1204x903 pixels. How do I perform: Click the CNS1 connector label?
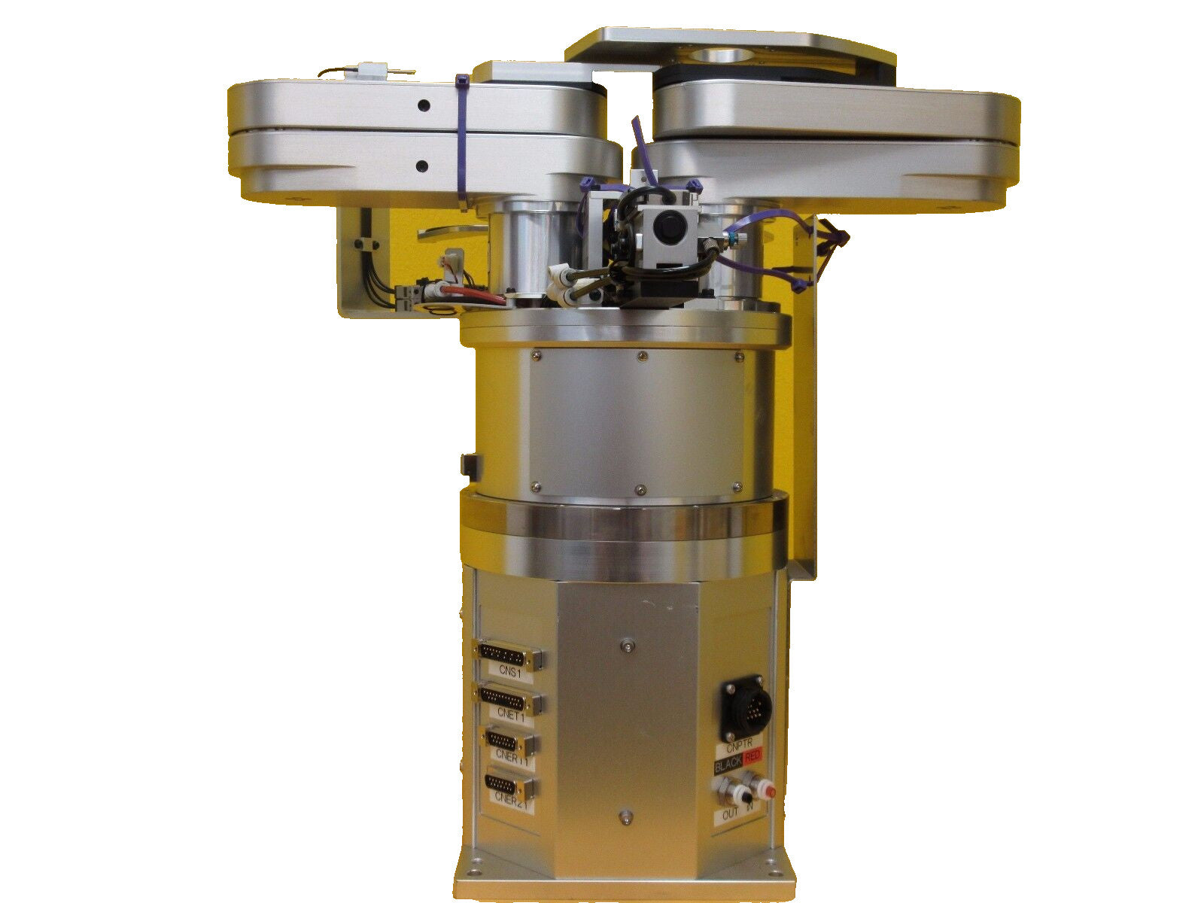point(509,673)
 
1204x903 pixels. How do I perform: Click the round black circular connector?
point(745,707)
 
